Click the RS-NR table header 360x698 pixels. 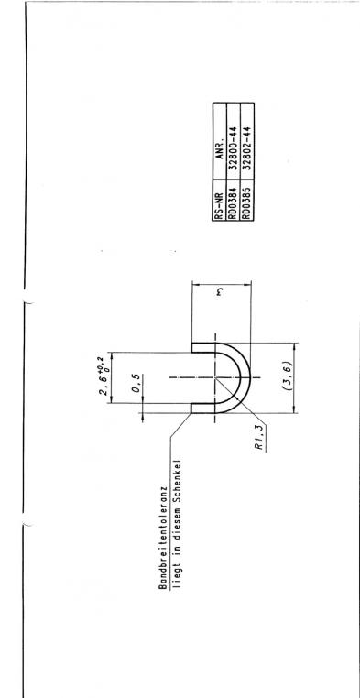219,200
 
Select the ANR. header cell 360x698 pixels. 219,141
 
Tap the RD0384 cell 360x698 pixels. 234,200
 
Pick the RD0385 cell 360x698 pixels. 247,200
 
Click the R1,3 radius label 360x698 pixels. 262,438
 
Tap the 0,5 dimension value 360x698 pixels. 137,384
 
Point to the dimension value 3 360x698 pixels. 220,292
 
